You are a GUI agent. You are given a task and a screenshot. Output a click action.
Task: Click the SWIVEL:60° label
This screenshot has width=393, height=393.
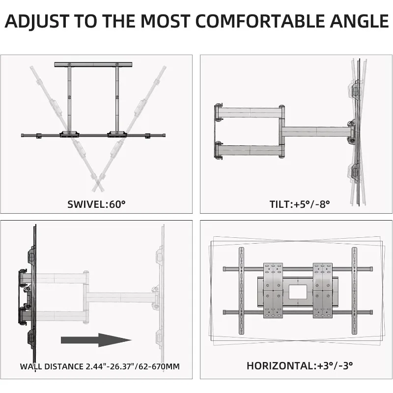[96, 204]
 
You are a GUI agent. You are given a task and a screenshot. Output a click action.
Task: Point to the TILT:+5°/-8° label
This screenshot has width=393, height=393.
[293, 204]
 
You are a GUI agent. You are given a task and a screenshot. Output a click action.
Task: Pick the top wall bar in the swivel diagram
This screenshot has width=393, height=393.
[93, 65]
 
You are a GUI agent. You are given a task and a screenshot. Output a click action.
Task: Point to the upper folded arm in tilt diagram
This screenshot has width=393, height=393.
[248, 112]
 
